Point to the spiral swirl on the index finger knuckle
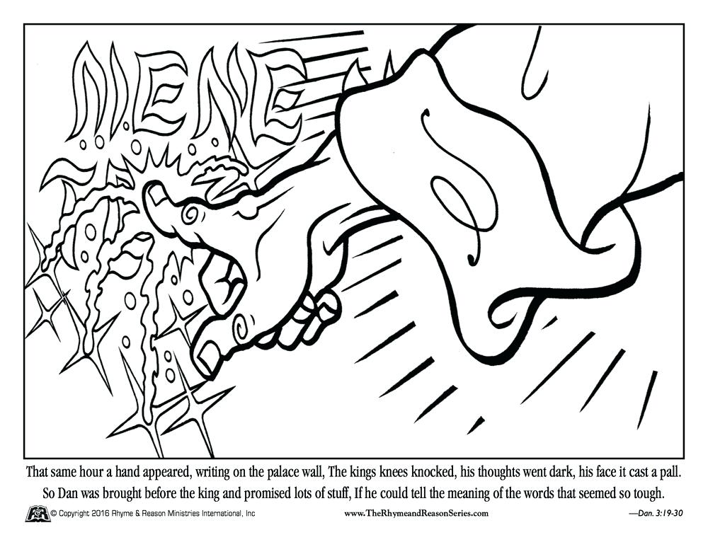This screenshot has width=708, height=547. [192, 213]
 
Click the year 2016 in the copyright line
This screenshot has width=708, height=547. [104, 513]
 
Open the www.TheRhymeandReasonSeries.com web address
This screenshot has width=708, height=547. [416, 513]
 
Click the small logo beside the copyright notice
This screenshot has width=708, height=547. [37, 513]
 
